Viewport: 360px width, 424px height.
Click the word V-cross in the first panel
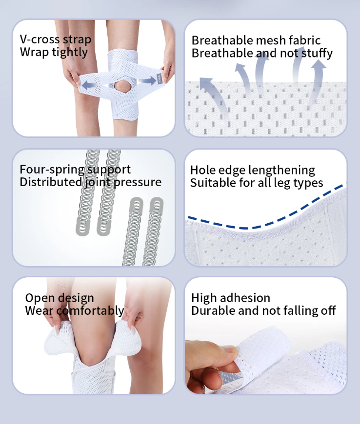click(40, 39)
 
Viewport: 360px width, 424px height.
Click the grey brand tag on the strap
click(160, 79)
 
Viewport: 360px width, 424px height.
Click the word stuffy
click(317, 53)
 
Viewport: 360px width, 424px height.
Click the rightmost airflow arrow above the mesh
click(316, 81)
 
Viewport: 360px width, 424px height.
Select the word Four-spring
click(52, 170)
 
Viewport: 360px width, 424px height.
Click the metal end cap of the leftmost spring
click(83, 226)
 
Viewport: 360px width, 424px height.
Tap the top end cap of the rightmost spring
click(157, 205)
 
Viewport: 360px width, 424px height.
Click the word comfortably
click(90, 311)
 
